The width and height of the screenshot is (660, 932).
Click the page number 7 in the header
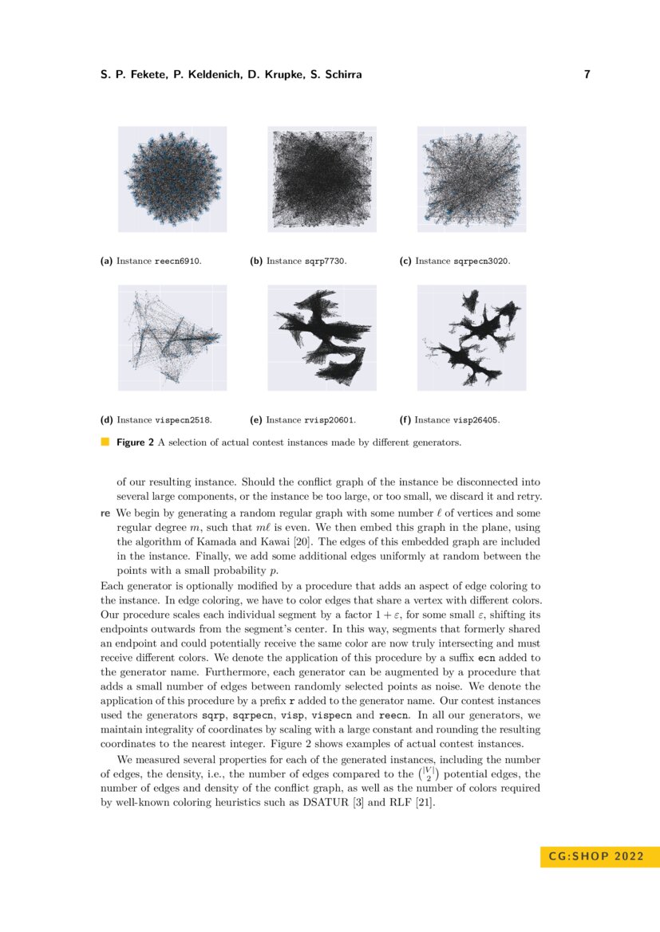pos(587,75)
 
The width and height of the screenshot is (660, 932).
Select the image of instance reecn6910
pos(172,179)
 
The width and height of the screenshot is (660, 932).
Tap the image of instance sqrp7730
pos(322,179)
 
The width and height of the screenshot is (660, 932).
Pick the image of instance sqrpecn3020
pos(472,179)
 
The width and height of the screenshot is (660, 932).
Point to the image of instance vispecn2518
pos(172,337)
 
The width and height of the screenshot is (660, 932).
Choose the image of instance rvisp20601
pos(322,337)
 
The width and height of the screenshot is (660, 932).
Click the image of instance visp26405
pos(472,337)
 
